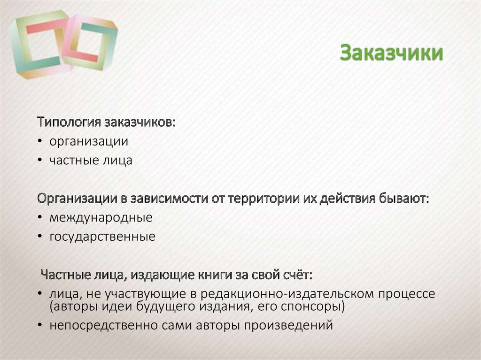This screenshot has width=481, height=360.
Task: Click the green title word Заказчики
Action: [x=391, y=53]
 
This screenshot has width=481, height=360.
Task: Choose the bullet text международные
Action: [x=101, y=218]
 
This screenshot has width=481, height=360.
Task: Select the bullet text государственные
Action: [x=102, y=237]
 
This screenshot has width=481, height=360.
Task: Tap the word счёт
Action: [x=295, y=275]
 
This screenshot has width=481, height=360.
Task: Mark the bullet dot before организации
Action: [x=41, y=142]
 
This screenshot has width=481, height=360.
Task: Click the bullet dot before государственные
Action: [x=41, y=237]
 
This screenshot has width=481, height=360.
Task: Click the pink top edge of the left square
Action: [x=44, y=27]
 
